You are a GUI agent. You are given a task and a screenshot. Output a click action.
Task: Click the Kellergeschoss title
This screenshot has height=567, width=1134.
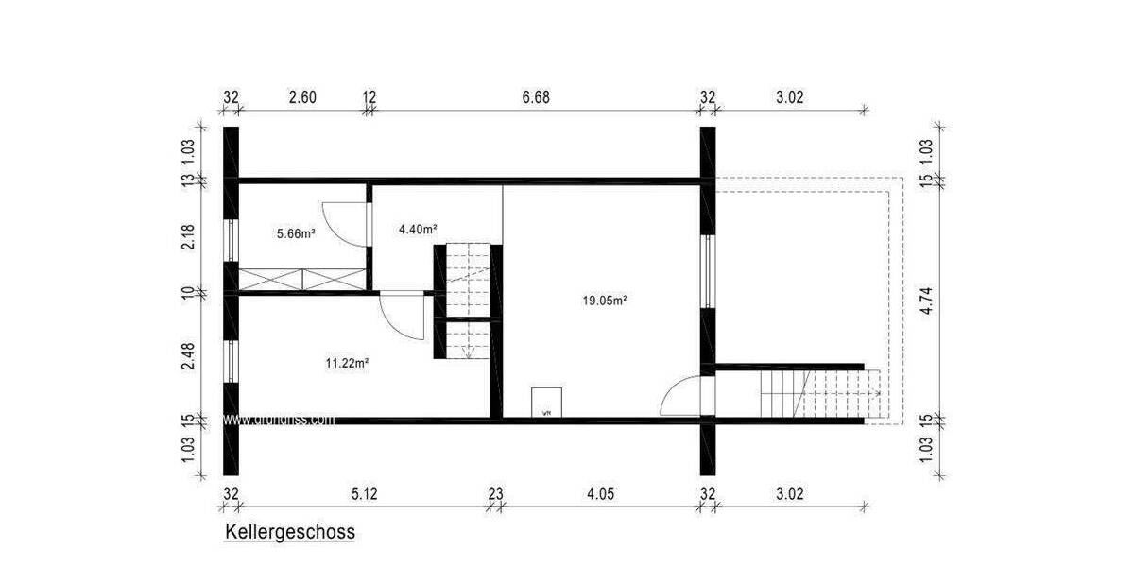click(290, 532)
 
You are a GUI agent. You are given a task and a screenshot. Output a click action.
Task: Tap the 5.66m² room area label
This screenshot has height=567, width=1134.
click(295, 233)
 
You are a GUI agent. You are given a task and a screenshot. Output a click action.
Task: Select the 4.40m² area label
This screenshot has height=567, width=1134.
click(417, 229)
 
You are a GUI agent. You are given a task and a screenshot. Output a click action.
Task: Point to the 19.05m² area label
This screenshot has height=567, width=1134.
click(606, 301)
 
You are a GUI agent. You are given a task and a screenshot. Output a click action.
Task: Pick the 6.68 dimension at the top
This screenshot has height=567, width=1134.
click(536, 96)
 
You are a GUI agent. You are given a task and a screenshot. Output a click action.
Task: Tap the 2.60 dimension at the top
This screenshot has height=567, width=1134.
click(302, 96)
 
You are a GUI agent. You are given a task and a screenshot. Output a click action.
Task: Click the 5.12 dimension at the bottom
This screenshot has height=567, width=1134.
click(365, 492)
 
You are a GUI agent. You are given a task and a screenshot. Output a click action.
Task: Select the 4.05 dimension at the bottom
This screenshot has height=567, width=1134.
click(601, 492)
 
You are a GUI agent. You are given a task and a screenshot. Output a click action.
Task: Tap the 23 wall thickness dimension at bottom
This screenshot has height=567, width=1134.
click(496, 492)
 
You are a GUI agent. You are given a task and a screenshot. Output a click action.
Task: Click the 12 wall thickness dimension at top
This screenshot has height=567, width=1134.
click(369, 96)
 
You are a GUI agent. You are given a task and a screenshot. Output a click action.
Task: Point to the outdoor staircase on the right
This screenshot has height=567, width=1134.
click(821, 394)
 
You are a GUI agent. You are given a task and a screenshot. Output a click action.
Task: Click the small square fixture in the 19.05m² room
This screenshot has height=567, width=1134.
click(546, 403)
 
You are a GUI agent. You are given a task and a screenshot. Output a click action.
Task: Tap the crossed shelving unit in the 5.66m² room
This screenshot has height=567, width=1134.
click(301, 280)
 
